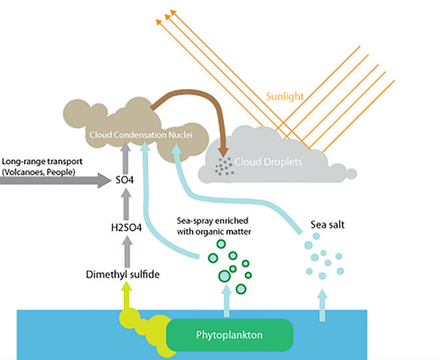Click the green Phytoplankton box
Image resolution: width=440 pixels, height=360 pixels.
[x=229, y=334]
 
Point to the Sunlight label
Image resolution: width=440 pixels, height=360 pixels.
[x=285, y=96]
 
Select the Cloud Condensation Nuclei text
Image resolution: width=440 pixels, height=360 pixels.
[x=147, y=135]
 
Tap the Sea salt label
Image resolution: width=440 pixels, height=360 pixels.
[x=327, y=225]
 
